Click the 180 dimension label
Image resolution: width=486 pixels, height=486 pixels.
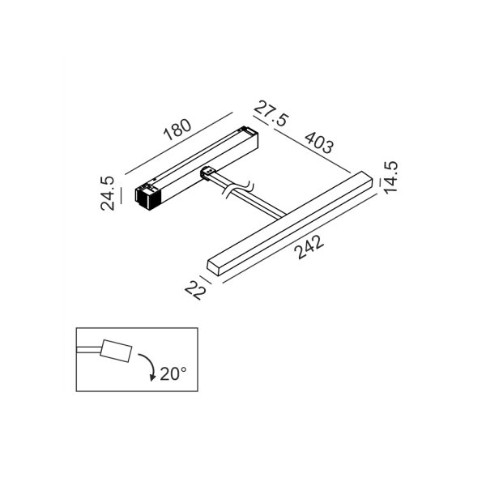pos(177,130)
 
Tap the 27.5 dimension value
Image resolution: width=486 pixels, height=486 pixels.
pos(271,113)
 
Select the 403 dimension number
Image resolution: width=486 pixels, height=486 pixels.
pos(319,143)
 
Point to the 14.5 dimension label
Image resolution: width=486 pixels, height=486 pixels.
pos(390,177)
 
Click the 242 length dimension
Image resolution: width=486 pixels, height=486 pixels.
pos(309,247)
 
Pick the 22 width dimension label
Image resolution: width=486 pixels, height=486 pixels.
pos(195,290)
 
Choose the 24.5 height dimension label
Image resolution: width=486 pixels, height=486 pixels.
pos(108,194)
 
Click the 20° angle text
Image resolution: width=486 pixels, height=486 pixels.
pos(173,373)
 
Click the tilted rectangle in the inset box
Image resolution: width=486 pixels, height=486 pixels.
pos(116,351)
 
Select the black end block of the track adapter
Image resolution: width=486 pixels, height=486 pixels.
pos(148,198)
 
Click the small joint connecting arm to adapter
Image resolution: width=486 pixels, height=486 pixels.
pos(209,173)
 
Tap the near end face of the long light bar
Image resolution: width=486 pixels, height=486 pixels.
pos(213,268)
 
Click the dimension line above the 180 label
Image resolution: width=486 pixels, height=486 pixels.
pos(178,143)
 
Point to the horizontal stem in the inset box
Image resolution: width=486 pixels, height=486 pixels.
pos(88,350)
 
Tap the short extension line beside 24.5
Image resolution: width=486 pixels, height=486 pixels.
pos(122,195)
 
